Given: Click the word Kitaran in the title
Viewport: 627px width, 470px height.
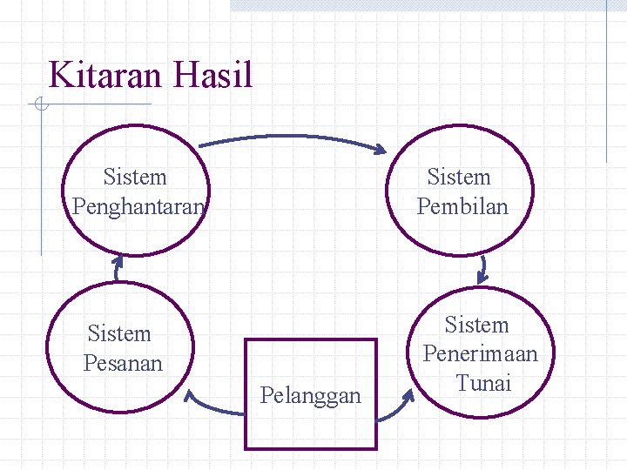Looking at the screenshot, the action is pos(106,75).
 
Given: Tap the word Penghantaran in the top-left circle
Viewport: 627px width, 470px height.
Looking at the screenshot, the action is pos(138,207).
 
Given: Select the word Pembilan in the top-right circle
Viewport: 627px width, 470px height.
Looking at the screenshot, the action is pos(462,207).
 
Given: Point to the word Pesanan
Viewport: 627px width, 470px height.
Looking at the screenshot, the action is pos(123,362).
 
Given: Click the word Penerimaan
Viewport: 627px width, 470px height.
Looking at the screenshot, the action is pos(480,354).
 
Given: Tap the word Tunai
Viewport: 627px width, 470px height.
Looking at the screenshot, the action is pos(483,383).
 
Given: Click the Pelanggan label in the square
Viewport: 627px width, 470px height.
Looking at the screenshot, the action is pos(310,396).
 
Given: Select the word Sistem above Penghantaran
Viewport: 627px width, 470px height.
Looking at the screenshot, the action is pos(134,178).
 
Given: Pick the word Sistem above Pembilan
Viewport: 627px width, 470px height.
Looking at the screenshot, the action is pos(459,178).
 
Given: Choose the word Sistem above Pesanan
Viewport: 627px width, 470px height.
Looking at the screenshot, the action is pos(119,333).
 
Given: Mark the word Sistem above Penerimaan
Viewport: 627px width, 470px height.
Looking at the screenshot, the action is pos(476,326).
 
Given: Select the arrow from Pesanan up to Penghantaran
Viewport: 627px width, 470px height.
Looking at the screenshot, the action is pos(118,268).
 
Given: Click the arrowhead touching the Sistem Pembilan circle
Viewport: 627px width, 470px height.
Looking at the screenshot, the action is pos(378,149).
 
